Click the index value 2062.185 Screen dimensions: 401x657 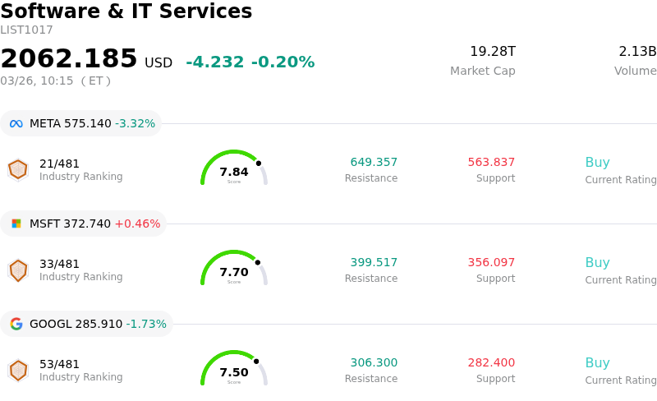69,59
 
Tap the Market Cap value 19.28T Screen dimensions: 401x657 492,52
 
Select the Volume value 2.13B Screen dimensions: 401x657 636,52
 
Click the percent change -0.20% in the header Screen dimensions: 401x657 283,62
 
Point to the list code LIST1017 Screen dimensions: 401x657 26,30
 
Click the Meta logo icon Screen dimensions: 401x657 16,124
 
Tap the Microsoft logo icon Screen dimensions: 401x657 16,224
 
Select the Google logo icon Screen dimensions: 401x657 16,324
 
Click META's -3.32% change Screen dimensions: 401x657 135,124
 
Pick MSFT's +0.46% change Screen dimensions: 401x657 137,224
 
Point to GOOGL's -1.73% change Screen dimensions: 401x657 146,324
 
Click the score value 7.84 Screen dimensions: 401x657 234,173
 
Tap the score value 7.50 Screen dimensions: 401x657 234,373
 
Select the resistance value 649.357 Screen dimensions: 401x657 374,163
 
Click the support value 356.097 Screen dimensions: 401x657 491,263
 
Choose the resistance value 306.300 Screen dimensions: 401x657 374,363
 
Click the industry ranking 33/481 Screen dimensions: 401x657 60,265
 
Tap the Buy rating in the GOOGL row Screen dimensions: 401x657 597,363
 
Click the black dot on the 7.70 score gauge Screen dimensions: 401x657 258,263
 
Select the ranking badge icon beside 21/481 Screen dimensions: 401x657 18,169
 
